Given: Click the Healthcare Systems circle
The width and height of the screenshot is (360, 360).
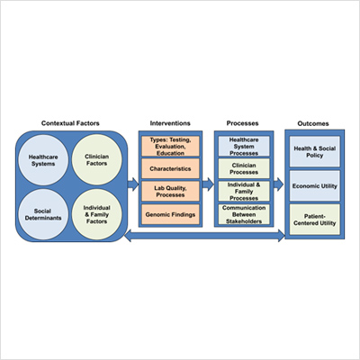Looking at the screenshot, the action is point(43,160).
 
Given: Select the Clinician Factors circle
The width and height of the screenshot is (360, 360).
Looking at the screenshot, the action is point(97,160).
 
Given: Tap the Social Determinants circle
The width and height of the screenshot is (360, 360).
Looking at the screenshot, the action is point(43,214).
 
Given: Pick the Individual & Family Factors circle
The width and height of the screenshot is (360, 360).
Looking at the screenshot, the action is point(97,214).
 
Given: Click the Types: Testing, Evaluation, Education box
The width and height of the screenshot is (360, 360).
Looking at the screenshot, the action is point(170,146).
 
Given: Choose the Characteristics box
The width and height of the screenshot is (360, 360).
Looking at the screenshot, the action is point(170,168).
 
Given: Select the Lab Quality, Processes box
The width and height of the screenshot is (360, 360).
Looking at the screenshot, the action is point(170,192).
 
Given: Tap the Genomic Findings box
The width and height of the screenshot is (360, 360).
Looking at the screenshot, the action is point(170,214).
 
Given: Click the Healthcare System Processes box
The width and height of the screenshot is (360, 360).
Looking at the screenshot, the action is point(244,146).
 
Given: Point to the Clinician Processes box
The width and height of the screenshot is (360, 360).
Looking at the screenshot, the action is point(244,168).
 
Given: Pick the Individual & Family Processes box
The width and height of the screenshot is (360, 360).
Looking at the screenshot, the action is point(244,191).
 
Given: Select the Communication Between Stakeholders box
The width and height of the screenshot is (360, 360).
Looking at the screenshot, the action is point(244,214).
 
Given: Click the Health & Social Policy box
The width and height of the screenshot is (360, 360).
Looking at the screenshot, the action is point(315,151).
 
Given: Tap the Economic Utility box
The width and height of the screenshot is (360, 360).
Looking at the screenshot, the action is point(315,186).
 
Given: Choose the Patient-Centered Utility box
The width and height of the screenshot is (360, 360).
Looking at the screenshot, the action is point(315,220).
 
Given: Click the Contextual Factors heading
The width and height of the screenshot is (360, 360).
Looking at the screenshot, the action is point(70,123).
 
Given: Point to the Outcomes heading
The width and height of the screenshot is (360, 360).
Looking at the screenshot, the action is point(313,123).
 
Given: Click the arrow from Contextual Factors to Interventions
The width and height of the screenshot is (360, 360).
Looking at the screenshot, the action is point(133,184).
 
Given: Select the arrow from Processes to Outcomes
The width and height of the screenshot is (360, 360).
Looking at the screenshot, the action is point(278,184).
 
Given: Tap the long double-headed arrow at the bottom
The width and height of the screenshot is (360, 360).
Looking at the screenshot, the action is point(204,236).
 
